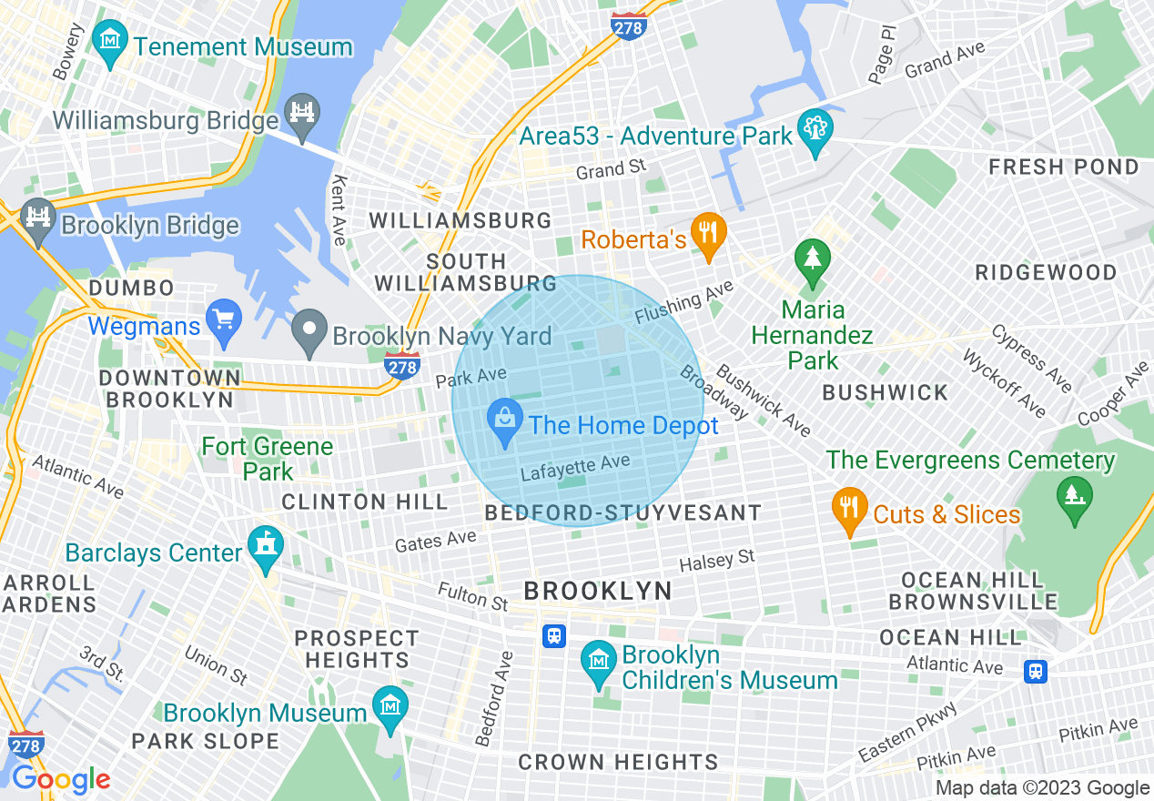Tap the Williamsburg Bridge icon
pos(301,114)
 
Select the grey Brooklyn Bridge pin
pos(38,220)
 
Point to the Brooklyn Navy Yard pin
pos(309,330)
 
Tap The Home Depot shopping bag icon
pos(503,421)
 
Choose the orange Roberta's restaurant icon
pos(707,236)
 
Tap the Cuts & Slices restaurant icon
pos(849,510)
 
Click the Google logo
pos(61,779)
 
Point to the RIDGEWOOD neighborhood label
pos(1046,272)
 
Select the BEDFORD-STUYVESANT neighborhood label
pos(623,512)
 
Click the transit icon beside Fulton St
pos(554,635)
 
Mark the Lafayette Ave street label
pos(575,468)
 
